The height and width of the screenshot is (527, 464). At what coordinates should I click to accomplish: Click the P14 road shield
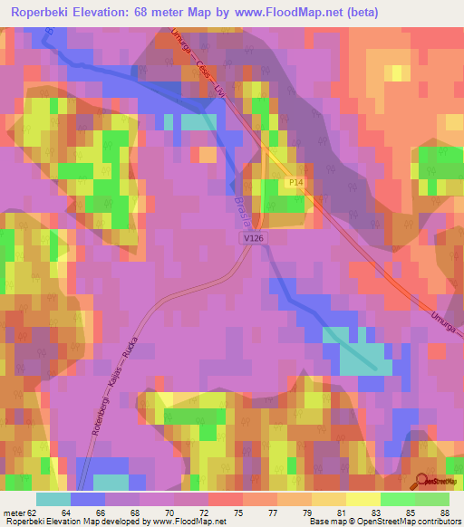296,183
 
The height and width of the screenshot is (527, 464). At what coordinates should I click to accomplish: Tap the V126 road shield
254,237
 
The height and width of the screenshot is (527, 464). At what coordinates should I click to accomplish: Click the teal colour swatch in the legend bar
53,499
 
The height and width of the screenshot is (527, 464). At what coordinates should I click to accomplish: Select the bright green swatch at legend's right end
432,499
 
